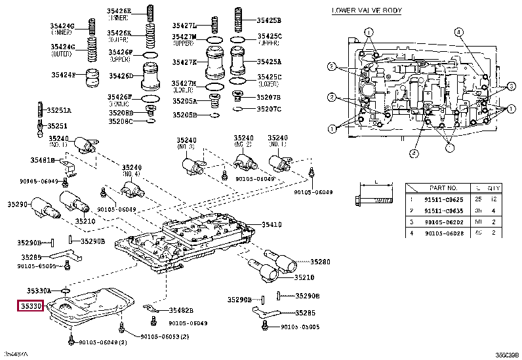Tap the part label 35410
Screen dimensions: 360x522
click(x=271, y=225)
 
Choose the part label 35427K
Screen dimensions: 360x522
click(x=184, y=62)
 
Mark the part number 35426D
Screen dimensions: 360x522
click(x=121, y=76)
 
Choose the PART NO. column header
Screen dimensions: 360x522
click(x=439, y=188)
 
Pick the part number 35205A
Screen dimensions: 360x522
click(x=184, y=102)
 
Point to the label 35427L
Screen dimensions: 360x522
click(x=184, y=26)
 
